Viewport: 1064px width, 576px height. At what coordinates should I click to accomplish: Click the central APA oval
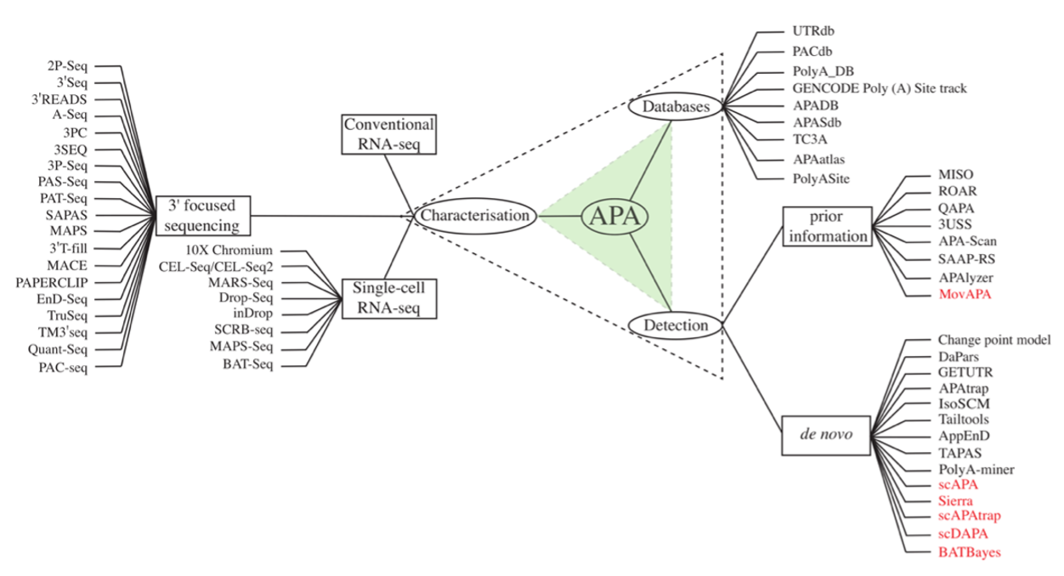pos(614,217)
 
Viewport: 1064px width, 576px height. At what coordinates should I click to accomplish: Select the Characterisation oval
pos(476,217)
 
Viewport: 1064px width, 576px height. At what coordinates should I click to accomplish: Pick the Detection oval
pos(675,325)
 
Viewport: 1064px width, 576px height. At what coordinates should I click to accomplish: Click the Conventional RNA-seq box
pos(389,134)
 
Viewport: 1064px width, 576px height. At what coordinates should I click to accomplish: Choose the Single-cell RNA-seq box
pos(389,298)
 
